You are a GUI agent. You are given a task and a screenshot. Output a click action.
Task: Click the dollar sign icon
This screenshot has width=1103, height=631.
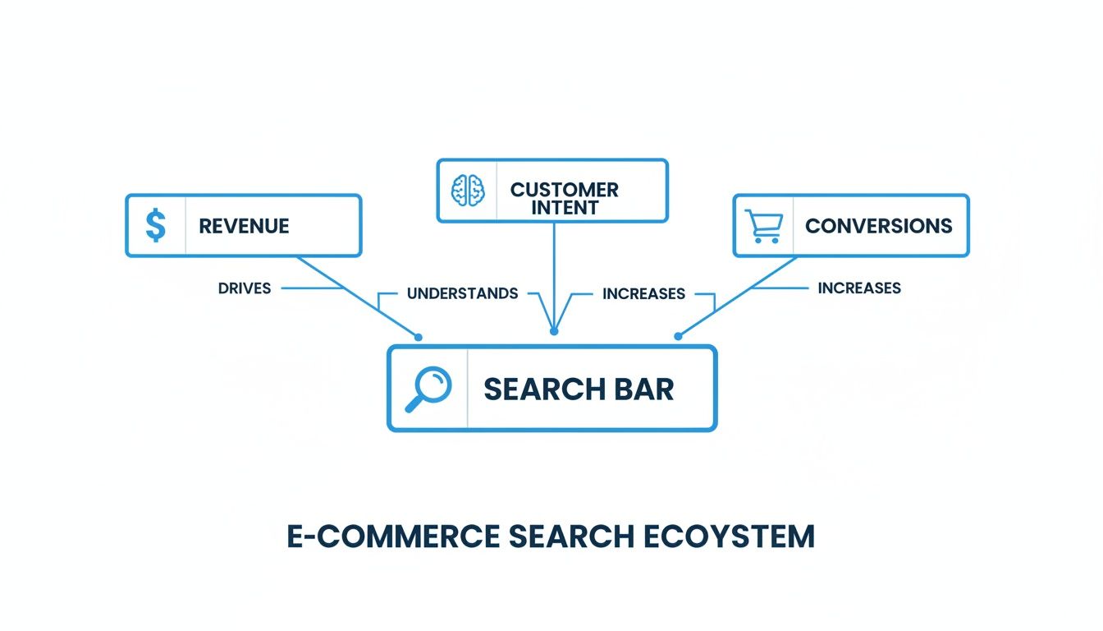tap(155, 225)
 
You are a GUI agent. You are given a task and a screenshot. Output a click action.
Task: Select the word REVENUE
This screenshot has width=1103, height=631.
tap(244, 226)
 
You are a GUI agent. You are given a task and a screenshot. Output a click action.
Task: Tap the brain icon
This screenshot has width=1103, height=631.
tap(468, 191)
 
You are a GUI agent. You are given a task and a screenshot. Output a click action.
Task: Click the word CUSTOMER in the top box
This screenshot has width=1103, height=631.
tap(565, 190)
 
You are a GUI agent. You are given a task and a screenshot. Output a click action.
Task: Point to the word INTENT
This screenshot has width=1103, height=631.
tap(565, 208)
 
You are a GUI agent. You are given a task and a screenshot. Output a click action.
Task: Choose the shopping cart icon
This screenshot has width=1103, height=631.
tap(763, 226)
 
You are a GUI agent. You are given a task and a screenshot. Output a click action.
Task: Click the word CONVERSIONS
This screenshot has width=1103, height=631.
tap(878, 226)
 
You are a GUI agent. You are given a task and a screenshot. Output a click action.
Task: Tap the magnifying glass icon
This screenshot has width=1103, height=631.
tap(428, 389)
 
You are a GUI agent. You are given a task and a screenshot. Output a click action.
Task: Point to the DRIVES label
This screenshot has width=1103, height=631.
tap(245, 288)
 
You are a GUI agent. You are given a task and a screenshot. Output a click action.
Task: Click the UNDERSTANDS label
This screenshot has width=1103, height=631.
tap(462, 293)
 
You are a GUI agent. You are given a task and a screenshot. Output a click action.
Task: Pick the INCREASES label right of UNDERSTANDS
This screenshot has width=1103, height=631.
tap(643, 293)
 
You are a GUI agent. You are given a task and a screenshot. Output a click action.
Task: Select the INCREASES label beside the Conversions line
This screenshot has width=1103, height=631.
tap(859, 288)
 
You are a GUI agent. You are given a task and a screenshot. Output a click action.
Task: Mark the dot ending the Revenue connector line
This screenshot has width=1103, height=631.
tap(418, 337)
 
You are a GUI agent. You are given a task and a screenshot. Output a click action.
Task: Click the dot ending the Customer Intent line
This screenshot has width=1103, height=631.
tap(554, 331)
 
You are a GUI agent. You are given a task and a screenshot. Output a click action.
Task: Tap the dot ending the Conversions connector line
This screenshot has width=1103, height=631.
tap(678, 336)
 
